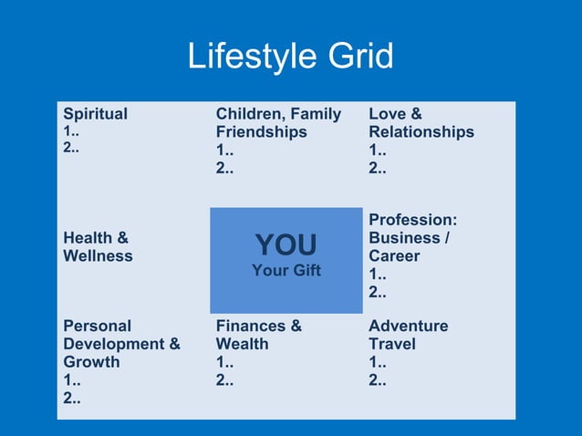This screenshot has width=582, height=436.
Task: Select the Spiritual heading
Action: coord(95,114)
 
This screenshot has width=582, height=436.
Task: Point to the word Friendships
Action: coord(261,132)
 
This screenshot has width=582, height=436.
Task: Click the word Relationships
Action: coord(421,132)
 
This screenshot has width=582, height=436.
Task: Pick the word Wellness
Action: coord(98,256)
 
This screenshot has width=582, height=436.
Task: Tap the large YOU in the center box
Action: coord(286,244)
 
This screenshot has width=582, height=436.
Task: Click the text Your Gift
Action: coord(286,270)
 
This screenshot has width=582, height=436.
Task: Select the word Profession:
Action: coord(412,220)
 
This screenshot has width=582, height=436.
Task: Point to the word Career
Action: coord(394,256)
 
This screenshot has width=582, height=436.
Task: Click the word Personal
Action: coord(97,326)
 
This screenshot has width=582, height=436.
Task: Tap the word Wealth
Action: coord(242,344)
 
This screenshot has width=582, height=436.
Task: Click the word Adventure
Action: coord(408,326)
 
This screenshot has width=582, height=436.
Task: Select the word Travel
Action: coord(391,344)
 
